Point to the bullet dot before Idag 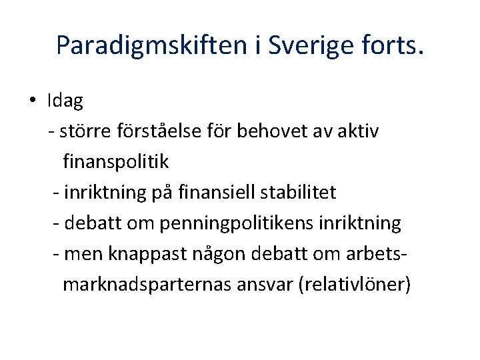32,101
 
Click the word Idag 65,101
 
